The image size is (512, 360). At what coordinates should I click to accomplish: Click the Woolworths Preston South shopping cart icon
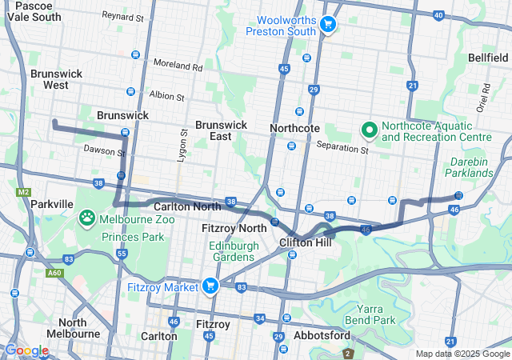(x=326, y=25)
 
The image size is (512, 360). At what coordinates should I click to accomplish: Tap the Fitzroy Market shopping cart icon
(x=210, y=286)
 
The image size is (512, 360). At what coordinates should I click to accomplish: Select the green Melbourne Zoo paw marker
(x=87, y=217)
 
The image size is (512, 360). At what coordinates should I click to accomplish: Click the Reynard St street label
(x=122, y=15)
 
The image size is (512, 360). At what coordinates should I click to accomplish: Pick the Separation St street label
(x=342, y=146)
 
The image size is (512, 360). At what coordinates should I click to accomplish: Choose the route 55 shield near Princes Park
(x=122, y=254)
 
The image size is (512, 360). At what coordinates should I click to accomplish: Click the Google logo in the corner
(x=26, y=350)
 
